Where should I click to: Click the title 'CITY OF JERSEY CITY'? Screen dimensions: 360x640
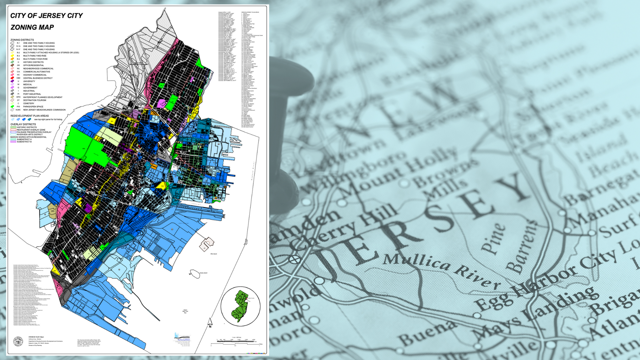point(46,16)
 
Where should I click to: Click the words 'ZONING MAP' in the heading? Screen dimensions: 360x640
point(32,27)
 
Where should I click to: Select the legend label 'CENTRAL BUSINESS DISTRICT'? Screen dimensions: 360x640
point(38,78)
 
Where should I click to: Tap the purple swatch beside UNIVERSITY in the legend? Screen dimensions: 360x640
point(12,81)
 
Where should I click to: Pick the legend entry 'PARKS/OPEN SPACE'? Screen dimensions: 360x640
point(33,107)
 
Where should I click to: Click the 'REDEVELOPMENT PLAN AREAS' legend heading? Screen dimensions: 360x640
point(29,116)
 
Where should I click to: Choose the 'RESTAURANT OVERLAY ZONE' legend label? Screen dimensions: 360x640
point(31,130)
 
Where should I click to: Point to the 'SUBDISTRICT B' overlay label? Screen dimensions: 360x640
point(24,142)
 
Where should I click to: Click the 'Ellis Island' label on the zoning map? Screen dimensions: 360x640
point(213,254)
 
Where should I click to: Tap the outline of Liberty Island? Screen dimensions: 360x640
point(194,273)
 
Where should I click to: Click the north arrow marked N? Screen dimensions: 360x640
point(210,322)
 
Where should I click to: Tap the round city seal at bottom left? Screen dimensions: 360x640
point(18,342)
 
